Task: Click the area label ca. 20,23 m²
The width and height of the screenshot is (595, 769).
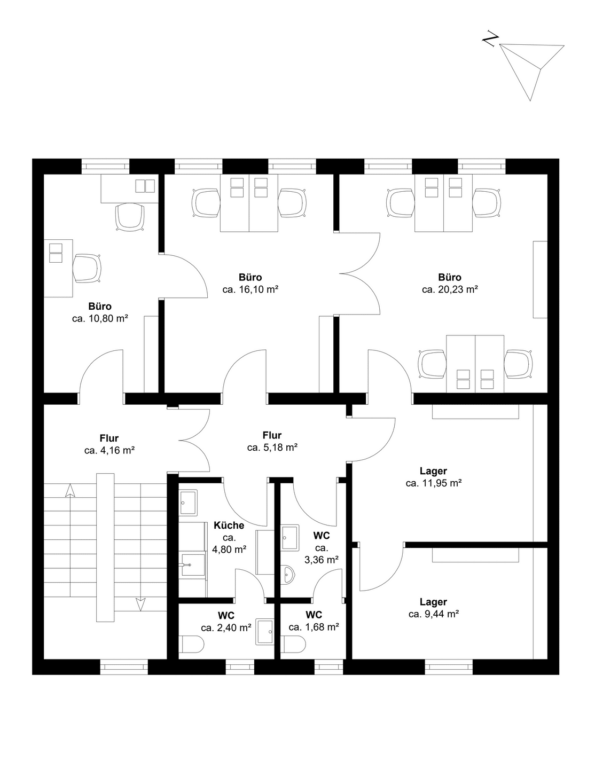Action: [450, 289]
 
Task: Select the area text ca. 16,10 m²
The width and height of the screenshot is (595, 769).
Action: [250, 289]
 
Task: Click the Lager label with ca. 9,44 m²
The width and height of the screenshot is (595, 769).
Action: [433, 602]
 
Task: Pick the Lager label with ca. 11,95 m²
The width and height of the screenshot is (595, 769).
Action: [433, 471]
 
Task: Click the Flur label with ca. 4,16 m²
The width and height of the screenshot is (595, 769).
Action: [109, 438]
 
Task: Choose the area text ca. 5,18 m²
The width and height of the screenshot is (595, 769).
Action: [272, 448]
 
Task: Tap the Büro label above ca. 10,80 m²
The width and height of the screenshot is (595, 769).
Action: [100, 306]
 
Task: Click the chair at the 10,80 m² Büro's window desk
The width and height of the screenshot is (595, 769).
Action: [130, 217]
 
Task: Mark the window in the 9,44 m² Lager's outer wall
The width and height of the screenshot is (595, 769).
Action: [449, 666]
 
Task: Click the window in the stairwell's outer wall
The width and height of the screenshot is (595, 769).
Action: [124, 666]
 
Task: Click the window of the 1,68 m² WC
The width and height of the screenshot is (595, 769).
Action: [329, 666]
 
